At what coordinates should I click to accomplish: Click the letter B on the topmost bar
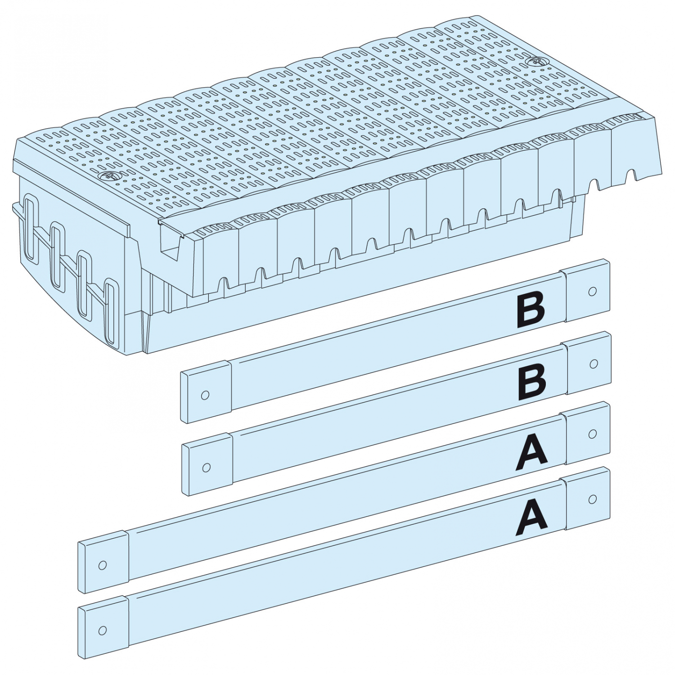click(x=531, y=310)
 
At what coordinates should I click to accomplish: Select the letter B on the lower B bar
click(x=532, y=383)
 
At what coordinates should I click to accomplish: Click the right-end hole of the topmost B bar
click(x=593, y=291)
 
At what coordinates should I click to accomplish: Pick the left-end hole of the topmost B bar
click(x=205, y=395)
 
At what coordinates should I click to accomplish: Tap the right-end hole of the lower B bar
click(x=594, y=363)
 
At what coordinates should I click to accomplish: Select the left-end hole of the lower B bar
click(x=207, y=468)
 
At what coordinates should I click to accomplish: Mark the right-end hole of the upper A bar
click(x=593, y=434)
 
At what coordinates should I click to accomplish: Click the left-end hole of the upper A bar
click(x=102, y=565)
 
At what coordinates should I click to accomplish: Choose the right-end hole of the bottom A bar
click(x=593, y=499)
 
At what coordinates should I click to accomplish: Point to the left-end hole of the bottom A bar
click(x=102, y=630)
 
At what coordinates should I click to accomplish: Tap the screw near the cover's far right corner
click(x=534, y=62)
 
